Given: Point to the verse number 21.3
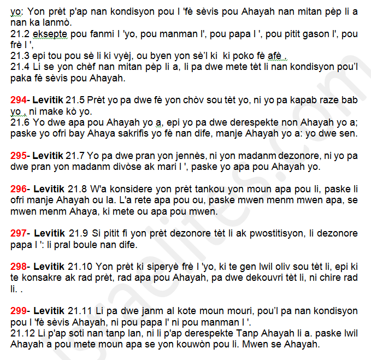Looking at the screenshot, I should [20, 56].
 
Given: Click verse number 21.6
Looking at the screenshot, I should [20, 122].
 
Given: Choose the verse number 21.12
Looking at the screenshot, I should [23, 333].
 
